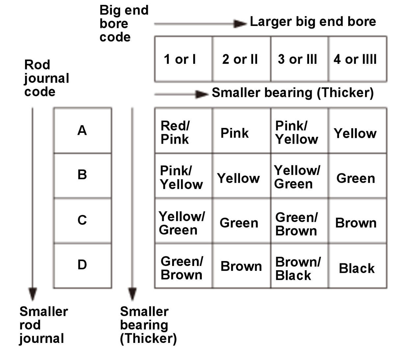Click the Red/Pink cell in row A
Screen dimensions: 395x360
click(x=184, y=131)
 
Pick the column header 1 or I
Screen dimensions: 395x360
click(x=184, y=59)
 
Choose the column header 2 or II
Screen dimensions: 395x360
click(x=241, y=59)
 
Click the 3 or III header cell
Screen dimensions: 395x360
click(x=300, y=59)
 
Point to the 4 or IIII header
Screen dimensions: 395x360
click(x=357, y=59)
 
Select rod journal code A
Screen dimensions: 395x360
click(x=83, y=131)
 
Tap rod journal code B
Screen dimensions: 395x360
click(x=83, y=176)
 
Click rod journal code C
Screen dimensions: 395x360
click(x=83, y=221)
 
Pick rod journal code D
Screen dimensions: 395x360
click(x=83, y=266)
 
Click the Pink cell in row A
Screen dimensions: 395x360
click(x=241, y=131)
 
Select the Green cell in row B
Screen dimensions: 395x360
click(x=357, y=176)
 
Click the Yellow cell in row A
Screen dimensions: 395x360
click(x=357, y=131)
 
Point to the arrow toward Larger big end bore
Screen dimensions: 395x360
click(x=200, y=24)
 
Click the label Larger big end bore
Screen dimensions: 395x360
click(x=313, y=22)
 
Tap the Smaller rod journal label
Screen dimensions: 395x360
click(x=44, y=325)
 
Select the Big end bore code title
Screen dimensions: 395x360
click(x=124, y=23)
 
